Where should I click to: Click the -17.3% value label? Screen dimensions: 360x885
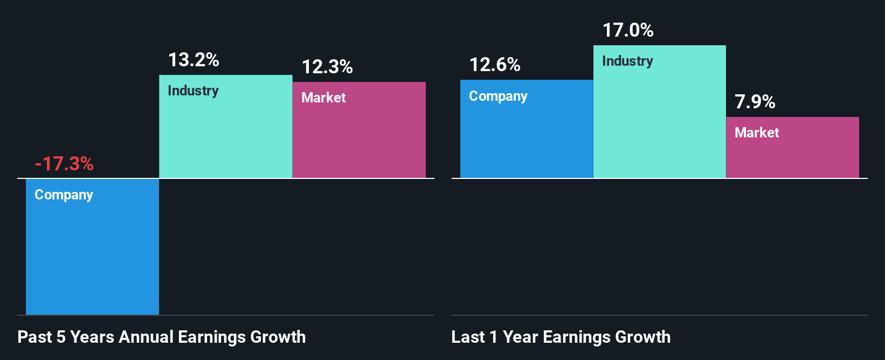click(64, 163)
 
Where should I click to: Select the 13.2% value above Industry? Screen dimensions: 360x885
click(193, 60)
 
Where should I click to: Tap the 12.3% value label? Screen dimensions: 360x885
click(327, 67)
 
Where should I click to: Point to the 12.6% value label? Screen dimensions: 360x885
click(495, 65)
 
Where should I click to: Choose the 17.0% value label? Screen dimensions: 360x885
click(628, 30)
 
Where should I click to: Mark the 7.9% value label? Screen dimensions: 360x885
click(755, 102)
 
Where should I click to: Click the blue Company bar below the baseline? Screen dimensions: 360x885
click(92, 253)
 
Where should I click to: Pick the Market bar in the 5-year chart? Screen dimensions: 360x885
click(359, 140)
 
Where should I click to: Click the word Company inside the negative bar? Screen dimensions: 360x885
click(64, 195)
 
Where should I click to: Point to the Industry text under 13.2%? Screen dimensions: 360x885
click(193, 91)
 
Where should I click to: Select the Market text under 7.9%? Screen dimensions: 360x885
click(757, 133)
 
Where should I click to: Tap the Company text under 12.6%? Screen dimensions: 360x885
click(498, 96)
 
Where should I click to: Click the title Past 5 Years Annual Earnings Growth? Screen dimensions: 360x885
click(162, 337)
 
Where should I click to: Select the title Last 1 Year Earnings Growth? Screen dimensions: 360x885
click(561, 337)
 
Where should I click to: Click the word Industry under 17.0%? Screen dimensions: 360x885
click(627, 61)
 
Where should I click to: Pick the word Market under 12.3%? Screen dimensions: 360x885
click(323, 98)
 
